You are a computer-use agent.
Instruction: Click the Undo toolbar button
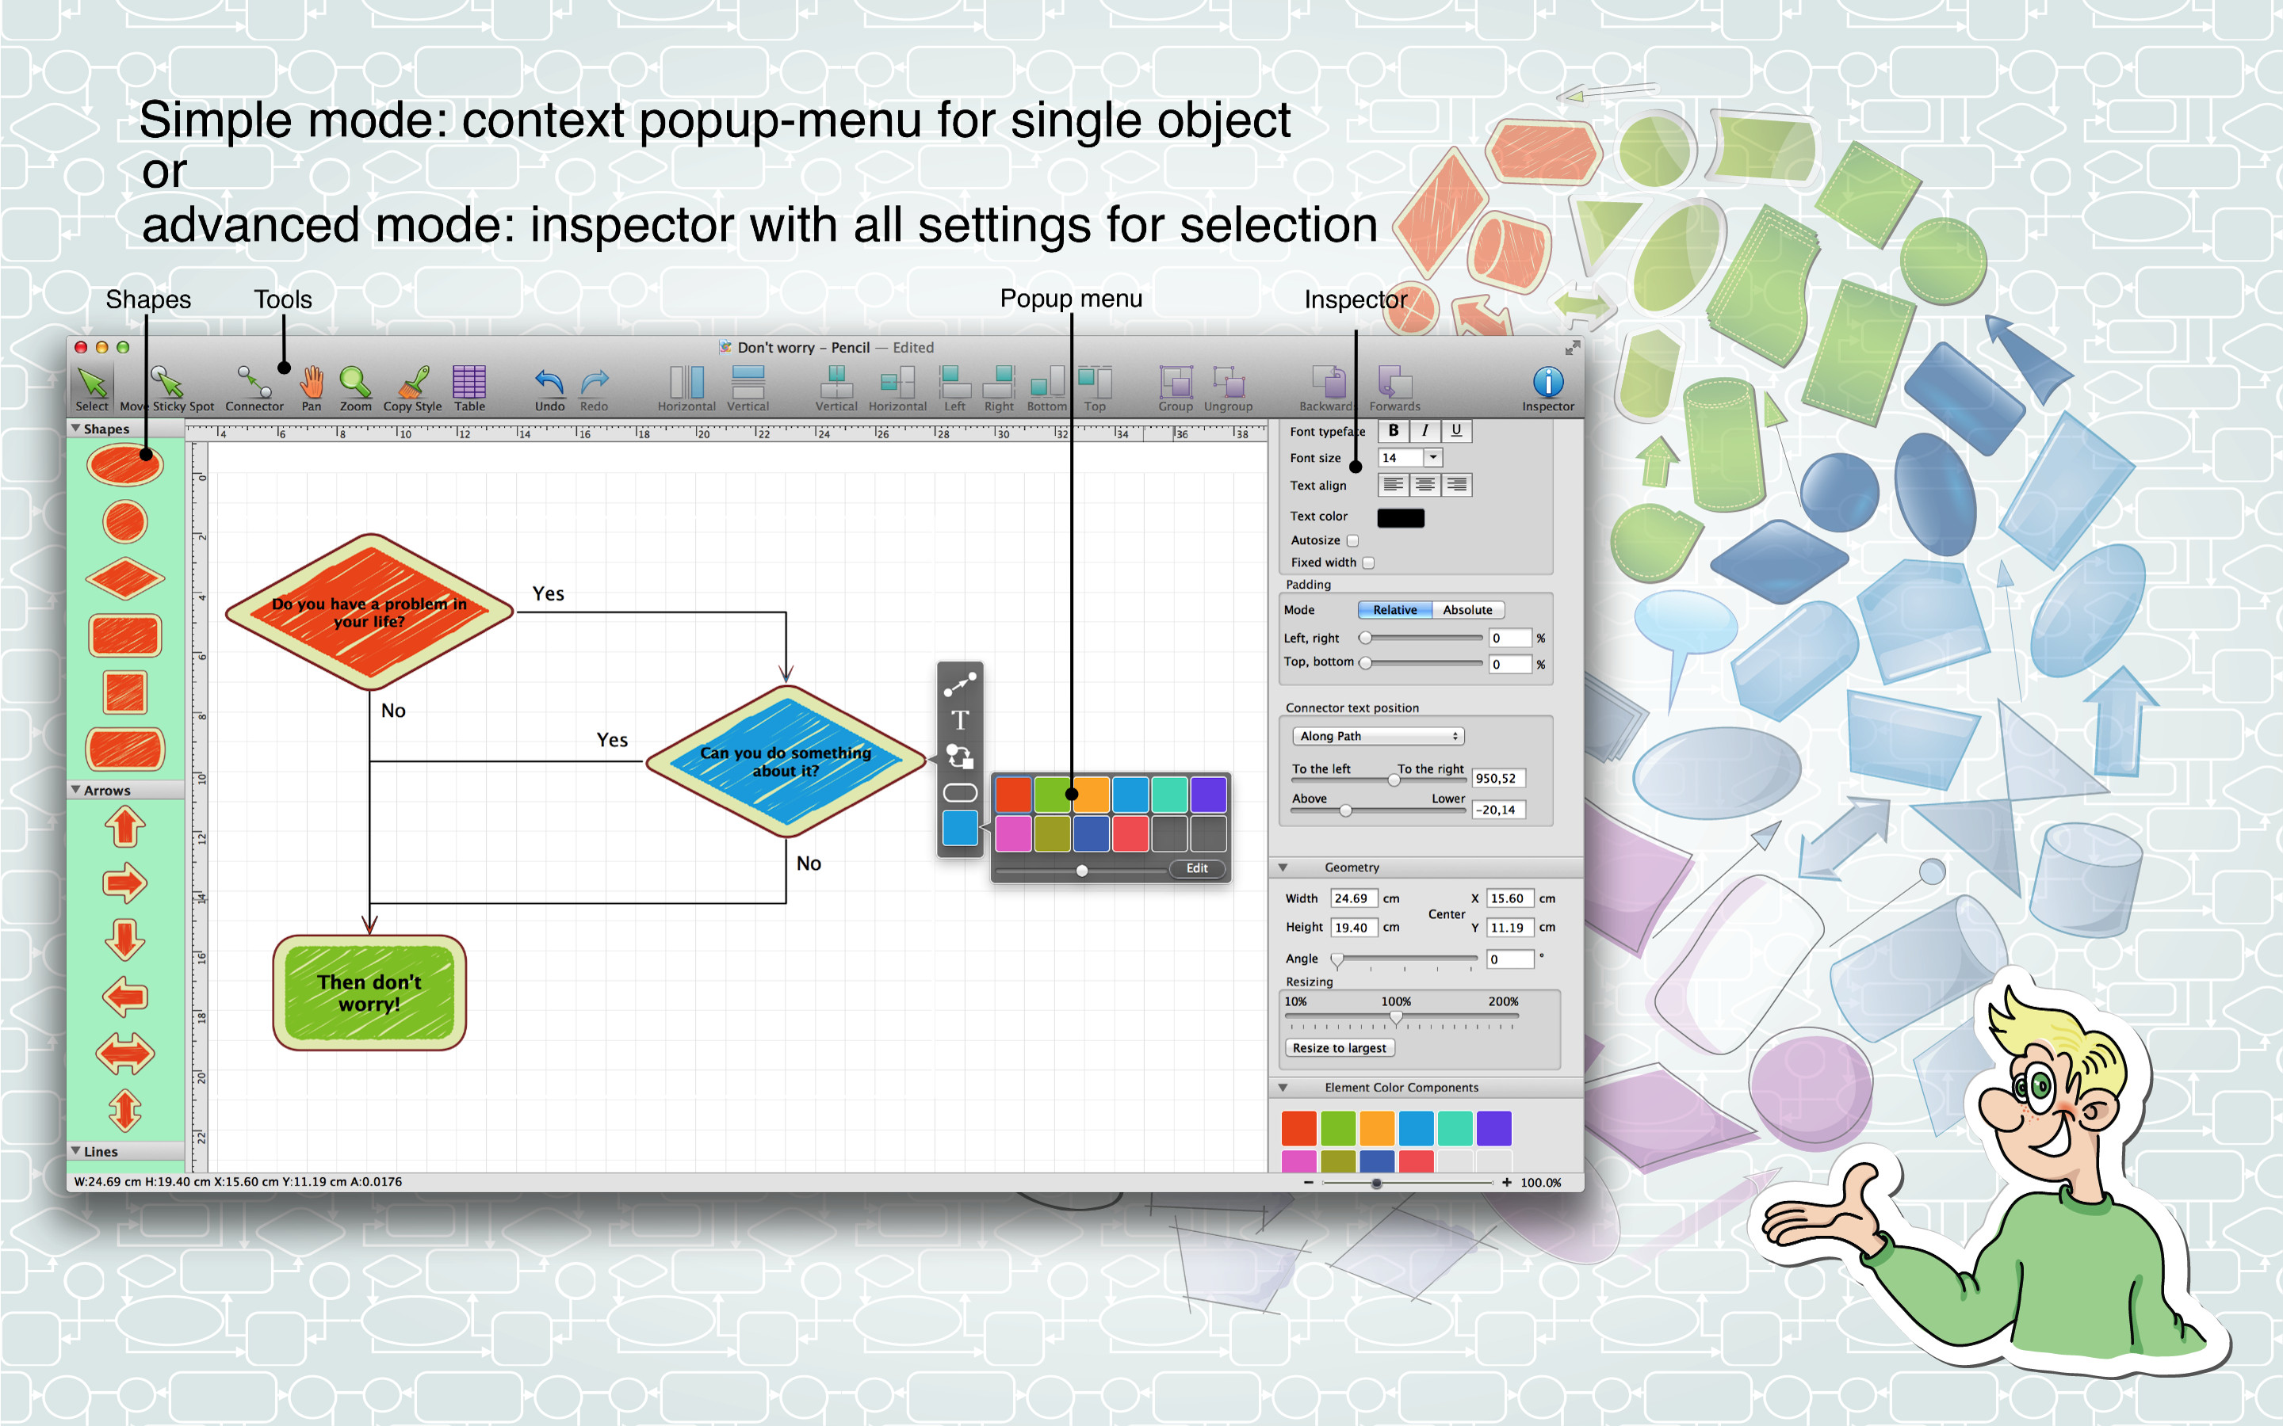549,383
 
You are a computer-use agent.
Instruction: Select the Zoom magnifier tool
354,382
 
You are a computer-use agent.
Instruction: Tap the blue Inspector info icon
1548,382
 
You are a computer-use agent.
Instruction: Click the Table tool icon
468,382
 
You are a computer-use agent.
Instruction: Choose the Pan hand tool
312,382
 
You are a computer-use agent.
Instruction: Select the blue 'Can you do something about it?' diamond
786,761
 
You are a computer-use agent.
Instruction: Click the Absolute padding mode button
1468,610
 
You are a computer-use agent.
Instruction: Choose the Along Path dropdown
1378,736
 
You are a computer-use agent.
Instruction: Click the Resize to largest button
1340,1048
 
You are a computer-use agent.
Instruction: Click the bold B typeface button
1394,431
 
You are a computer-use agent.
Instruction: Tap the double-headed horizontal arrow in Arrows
124,1054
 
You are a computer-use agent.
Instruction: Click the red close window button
81,347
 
